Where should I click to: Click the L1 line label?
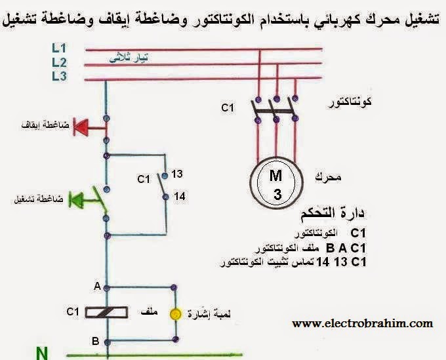(59, 48)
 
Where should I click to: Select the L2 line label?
(59, 62)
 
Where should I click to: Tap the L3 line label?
(59, 77)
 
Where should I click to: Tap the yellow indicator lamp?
(174, 313)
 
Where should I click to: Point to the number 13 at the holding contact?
(177, 174)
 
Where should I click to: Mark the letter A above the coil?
(96, 287)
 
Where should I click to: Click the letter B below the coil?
(96, 341)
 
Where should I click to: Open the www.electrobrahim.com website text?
(362, 323)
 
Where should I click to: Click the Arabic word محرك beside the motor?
(327, 177)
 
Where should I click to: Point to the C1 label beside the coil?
(73, 312)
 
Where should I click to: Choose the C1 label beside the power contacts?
(228, 106)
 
